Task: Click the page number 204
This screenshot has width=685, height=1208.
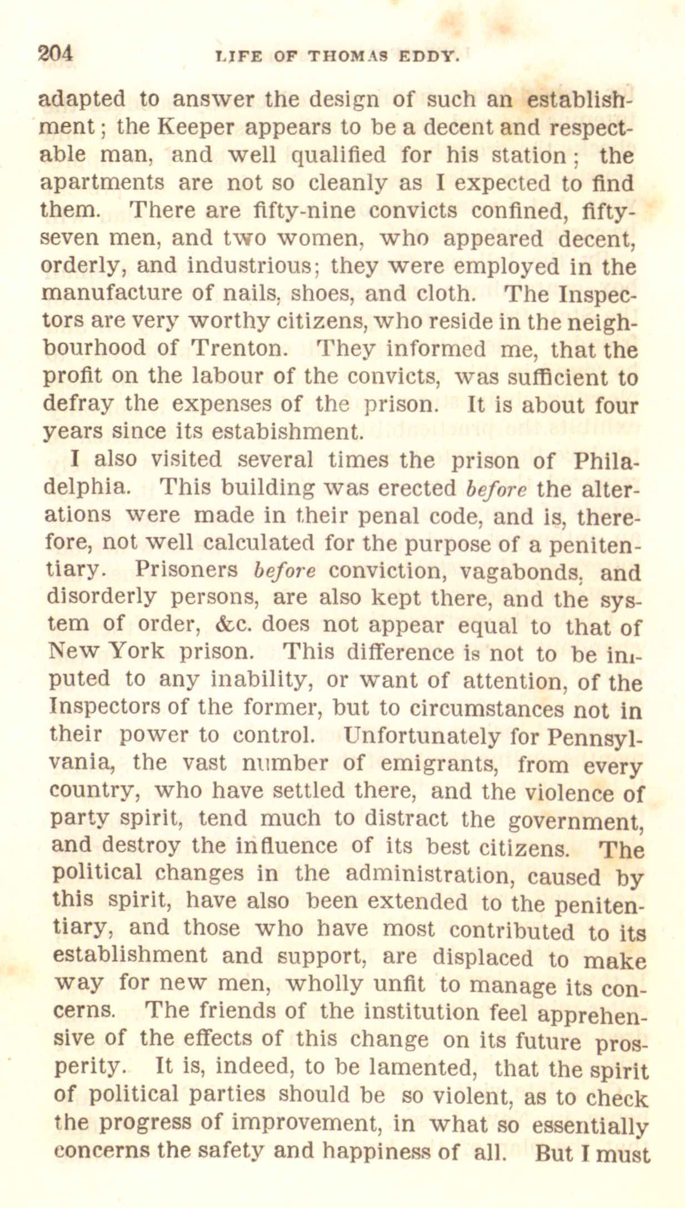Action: [55, 54]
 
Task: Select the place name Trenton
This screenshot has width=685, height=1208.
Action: [238, 348]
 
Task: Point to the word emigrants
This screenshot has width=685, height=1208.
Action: [439, 764]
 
